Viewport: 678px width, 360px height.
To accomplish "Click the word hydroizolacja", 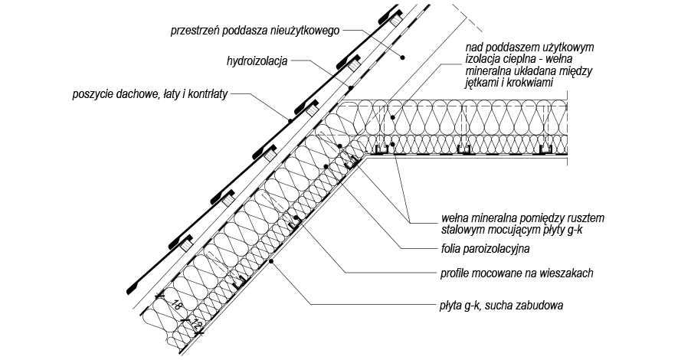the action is (257, 61).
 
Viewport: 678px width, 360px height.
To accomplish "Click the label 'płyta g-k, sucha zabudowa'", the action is (502, 306).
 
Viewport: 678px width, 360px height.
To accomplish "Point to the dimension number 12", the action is (195, 322).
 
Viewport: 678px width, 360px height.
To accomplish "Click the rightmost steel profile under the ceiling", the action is (545, 149).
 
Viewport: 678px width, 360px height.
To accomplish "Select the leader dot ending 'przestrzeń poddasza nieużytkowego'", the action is (401, 57).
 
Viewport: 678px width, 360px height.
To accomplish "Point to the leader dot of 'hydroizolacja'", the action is (351, 88).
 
